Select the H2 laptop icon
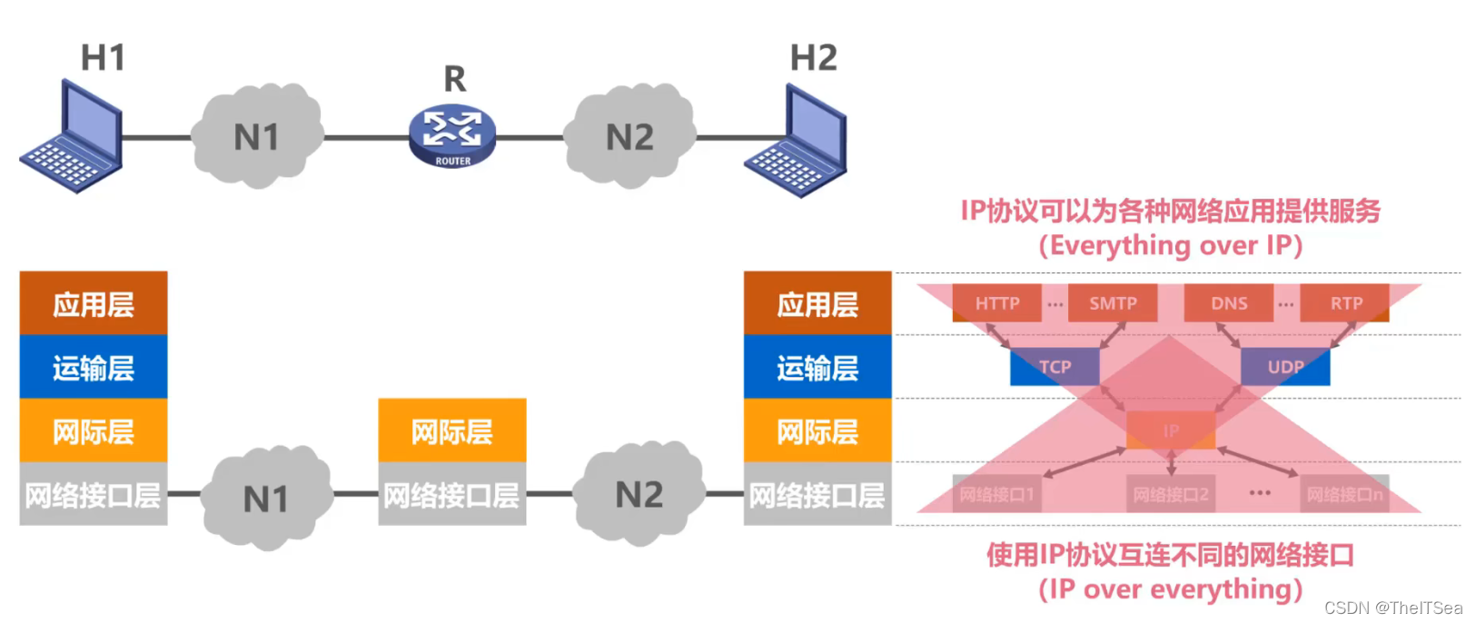tap(797, 141)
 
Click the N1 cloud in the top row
tap(257, 136)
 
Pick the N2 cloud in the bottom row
tap(639, 495)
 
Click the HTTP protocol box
tap(996, 303)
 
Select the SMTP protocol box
tap(1113, 303)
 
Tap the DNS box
tap(1229, 303)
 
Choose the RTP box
tap(1345, 303)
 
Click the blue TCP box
tap(1055, 367)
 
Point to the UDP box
tap(1285, 367)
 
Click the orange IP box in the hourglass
tap(1171, 430)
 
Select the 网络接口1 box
tap(996, 495)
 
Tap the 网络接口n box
tap(1344, 495)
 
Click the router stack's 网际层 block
tap(452, 430)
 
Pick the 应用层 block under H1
tap(94, 303)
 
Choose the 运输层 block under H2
tap(817, 367)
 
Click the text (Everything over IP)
tap(1171, 246)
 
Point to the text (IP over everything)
tap(1171, 589)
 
